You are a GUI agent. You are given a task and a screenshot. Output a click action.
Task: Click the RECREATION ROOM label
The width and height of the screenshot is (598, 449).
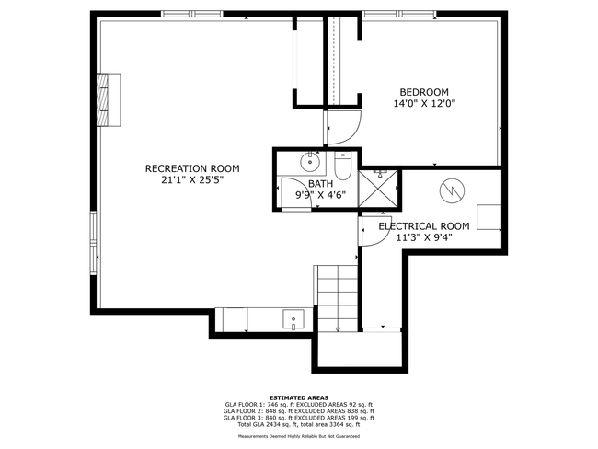click(192, 168)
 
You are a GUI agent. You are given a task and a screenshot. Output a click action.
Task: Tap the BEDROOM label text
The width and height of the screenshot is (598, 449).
click(424, 92)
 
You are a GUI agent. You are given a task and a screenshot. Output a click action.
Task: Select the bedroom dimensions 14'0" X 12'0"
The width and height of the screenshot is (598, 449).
click(424, 103)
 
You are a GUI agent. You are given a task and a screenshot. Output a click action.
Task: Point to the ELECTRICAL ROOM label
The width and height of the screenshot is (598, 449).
click(424, 226)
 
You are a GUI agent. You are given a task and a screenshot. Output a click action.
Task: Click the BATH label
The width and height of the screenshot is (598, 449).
click(320, 184)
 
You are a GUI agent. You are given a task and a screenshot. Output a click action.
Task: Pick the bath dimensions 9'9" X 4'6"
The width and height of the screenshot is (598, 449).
click(321, 195)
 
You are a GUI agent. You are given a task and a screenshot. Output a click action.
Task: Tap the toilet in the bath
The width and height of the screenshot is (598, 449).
click(342, 166)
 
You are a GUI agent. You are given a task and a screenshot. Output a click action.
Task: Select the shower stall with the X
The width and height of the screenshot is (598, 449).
click(378, 190)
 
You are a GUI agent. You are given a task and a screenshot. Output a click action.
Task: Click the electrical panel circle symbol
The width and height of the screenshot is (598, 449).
click(452, 190)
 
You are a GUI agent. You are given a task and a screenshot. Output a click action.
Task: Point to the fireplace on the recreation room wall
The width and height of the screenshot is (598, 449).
click(109, 99)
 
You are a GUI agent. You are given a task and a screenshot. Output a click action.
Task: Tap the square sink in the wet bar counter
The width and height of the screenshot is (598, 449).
click(293, 319)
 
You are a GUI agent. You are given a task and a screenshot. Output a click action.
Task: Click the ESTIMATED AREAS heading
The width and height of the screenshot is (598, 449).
click(299, 397)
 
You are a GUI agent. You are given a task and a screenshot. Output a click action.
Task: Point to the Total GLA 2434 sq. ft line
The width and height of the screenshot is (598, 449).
click(299, 424)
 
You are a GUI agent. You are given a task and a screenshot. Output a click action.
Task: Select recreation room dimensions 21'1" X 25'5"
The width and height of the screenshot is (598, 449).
click(192, 180)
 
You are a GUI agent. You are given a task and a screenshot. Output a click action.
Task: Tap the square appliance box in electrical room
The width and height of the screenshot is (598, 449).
click(489, 217)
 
